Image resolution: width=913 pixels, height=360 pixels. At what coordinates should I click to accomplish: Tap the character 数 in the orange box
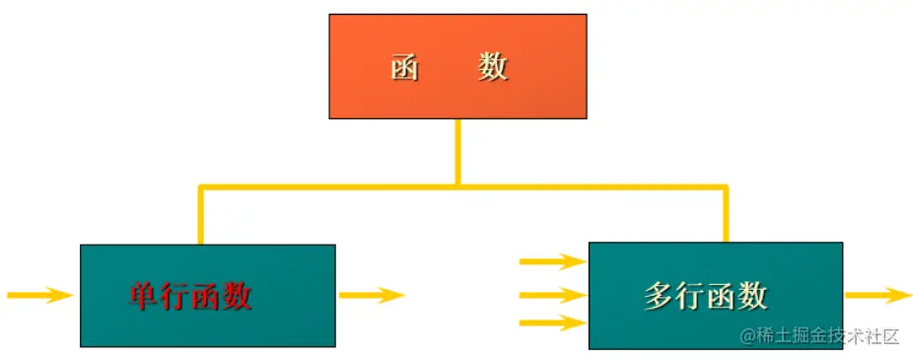(x=493, y=67)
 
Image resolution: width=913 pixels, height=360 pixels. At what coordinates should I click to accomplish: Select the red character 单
(x=145, y=295)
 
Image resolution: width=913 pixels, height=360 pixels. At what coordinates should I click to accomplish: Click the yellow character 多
(x=660, y=295)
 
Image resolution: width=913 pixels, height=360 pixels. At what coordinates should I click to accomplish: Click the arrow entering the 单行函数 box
(x=39, y=294)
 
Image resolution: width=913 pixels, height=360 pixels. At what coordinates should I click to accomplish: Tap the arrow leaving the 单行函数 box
(x=372, y=294)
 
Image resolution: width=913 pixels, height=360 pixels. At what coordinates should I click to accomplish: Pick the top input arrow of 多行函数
(x=552, y=261)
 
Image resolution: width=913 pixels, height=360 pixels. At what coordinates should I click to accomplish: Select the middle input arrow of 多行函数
(x=552, y=294)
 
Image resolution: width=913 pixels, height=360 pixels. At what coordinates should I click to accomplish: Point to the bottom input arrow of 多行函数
(x=552, y=322)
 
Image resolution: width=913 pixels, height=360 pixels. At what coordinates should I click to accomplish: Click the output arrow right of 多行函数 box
(x=878, y=294)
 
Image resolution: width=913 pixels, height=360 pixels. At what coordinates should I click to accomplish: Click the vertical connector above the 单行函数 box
(x=201, y=215)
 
